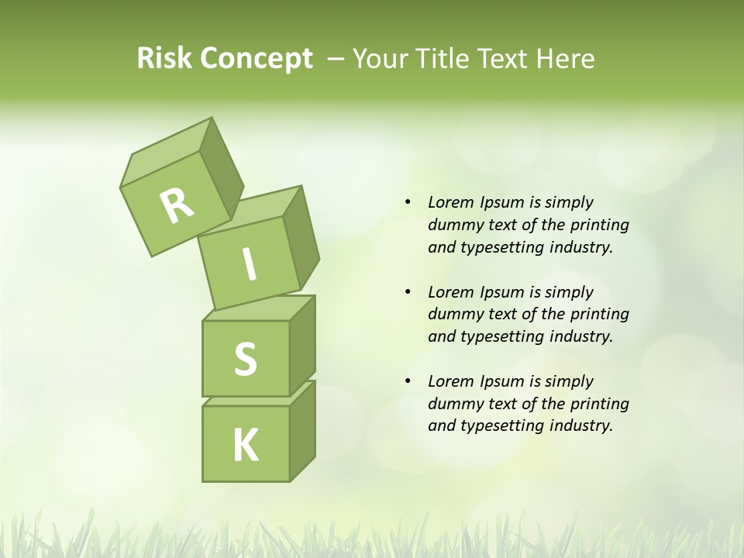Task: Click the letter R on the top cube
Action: [177, 205]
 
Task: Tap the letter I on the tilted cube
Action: [249, 265]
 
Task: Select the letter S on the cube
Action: [245, 359]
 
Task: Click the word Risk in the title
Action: [164, 58]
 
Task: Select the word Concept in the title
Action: [256, 59]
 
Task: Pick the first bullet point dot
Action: [408, 202]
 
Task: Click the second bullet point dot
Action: [408, 292]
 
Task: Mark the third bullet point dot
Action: [408, 381]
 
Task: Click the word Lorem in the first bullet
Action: [450, 202]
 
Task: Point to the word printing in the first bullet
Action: [600, 225]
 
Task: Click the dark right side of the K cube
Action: [302, 434]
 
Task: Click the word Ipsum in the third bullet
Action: [503, 381]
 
